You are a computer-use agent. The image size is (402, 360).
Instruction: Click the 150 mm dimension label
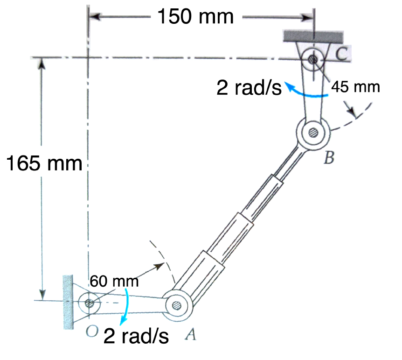pos(195,17)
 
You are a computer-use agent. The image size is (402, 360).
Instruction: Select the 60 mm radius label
pos(114,281)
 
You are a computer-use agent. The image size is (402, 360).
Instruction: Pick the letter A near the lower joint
pos(190,334)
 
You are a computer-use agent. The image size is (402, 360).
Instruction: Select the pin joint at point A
pos(177,305)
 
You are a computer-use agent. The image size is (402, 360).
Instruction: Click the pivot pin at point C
pos(313,60)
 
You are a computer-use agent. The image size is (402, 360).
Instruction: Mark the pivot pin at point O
pos(90,303)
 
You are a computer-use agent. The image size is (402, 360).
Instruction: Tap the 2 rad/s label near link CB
pos(249,87)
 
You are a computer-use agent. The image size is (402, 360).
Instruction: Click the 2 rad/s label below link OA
pos(136,336)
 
